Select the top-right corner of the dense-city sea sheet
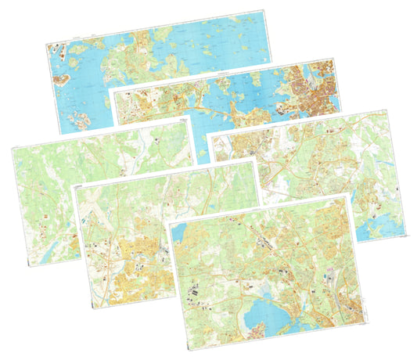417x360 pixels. [x=335, y=56]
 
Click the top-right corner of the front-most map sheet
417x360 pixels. [x=347, y=194]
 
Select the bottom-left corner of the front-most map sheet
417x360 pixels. [x=187, y=350]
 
